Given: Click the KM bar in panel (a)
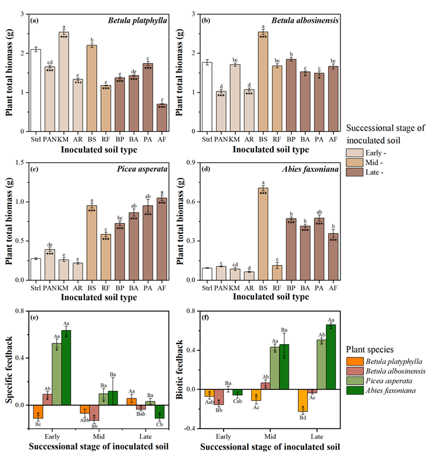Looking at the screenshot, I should click(63, 82).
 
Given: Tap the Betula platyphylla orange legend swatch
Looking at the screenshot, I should click(355, 362).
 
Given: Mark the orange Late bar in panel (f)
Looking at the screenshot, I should click(303, 400).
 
